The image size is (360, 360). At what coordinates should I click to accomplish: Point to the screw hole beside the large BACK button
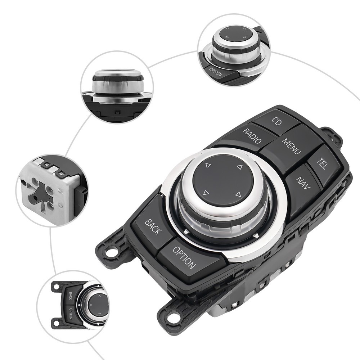tap(111, 251)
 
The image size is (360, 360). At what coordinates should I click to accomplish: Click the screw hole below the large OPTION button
tap(173, 317)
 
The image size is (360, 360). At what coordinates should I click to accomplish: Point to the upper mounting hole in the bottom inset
tap(56, 287)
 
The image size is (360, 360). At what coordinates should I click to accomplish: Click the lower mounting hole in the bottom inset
tap(56, 323)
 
